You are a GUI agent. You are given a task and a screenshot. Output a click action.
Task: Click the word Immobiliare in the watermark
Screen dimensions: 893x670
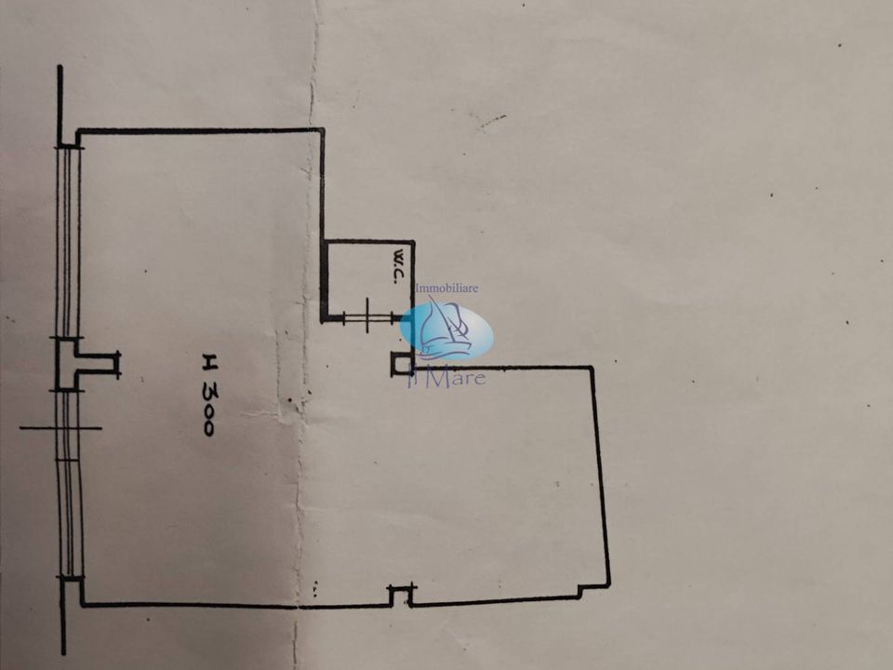click(447, 288)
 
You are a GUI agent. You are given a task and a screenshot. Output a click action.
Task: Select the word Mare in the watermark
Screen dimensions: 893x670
click(456, 378)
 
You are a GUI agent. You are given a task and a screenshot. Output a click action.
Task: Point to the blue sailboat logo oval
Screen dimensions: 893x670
click(446, 331)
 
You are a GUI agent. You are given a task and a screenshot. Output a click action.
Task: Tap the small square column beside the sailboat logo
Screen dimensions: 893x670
click(402, 364)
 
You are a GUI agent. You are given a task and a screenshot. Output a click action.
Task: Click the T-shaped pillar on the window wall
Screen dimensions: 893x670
click(86, 364)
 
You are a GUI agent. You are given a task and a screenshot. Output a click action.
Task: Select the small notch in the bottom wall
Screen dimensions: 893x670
click(401, 595)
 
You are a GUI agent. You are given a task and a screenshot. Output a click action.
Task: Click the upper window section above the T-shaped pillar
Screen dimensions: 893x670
click(68, 243)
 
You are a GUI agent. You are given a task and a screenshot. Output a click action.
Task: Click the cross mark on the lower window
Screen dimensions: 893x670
click(61, 428)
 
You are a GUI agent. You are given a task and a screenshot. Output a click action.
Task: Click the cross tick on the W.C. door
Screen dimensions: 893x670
click(368, 316)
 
